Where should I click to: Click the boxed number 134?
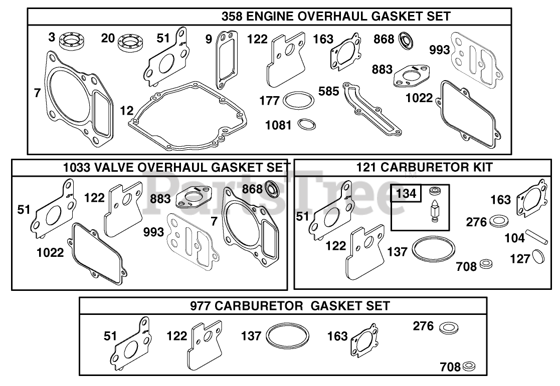[x=407, y=193]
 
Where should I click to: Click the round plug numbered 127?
[x=538, y=257]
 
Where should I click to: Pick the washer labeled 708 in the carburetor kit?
[x=486, y=264]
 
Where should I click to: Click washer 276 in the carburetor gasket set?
[x=448, y=328]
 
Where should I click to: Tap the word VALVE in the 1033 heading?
[x=115, y=167]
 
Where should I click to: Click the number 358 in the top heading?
[x=233, y=17]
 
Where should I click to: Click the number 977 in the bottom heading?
[x=202, y=306]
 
